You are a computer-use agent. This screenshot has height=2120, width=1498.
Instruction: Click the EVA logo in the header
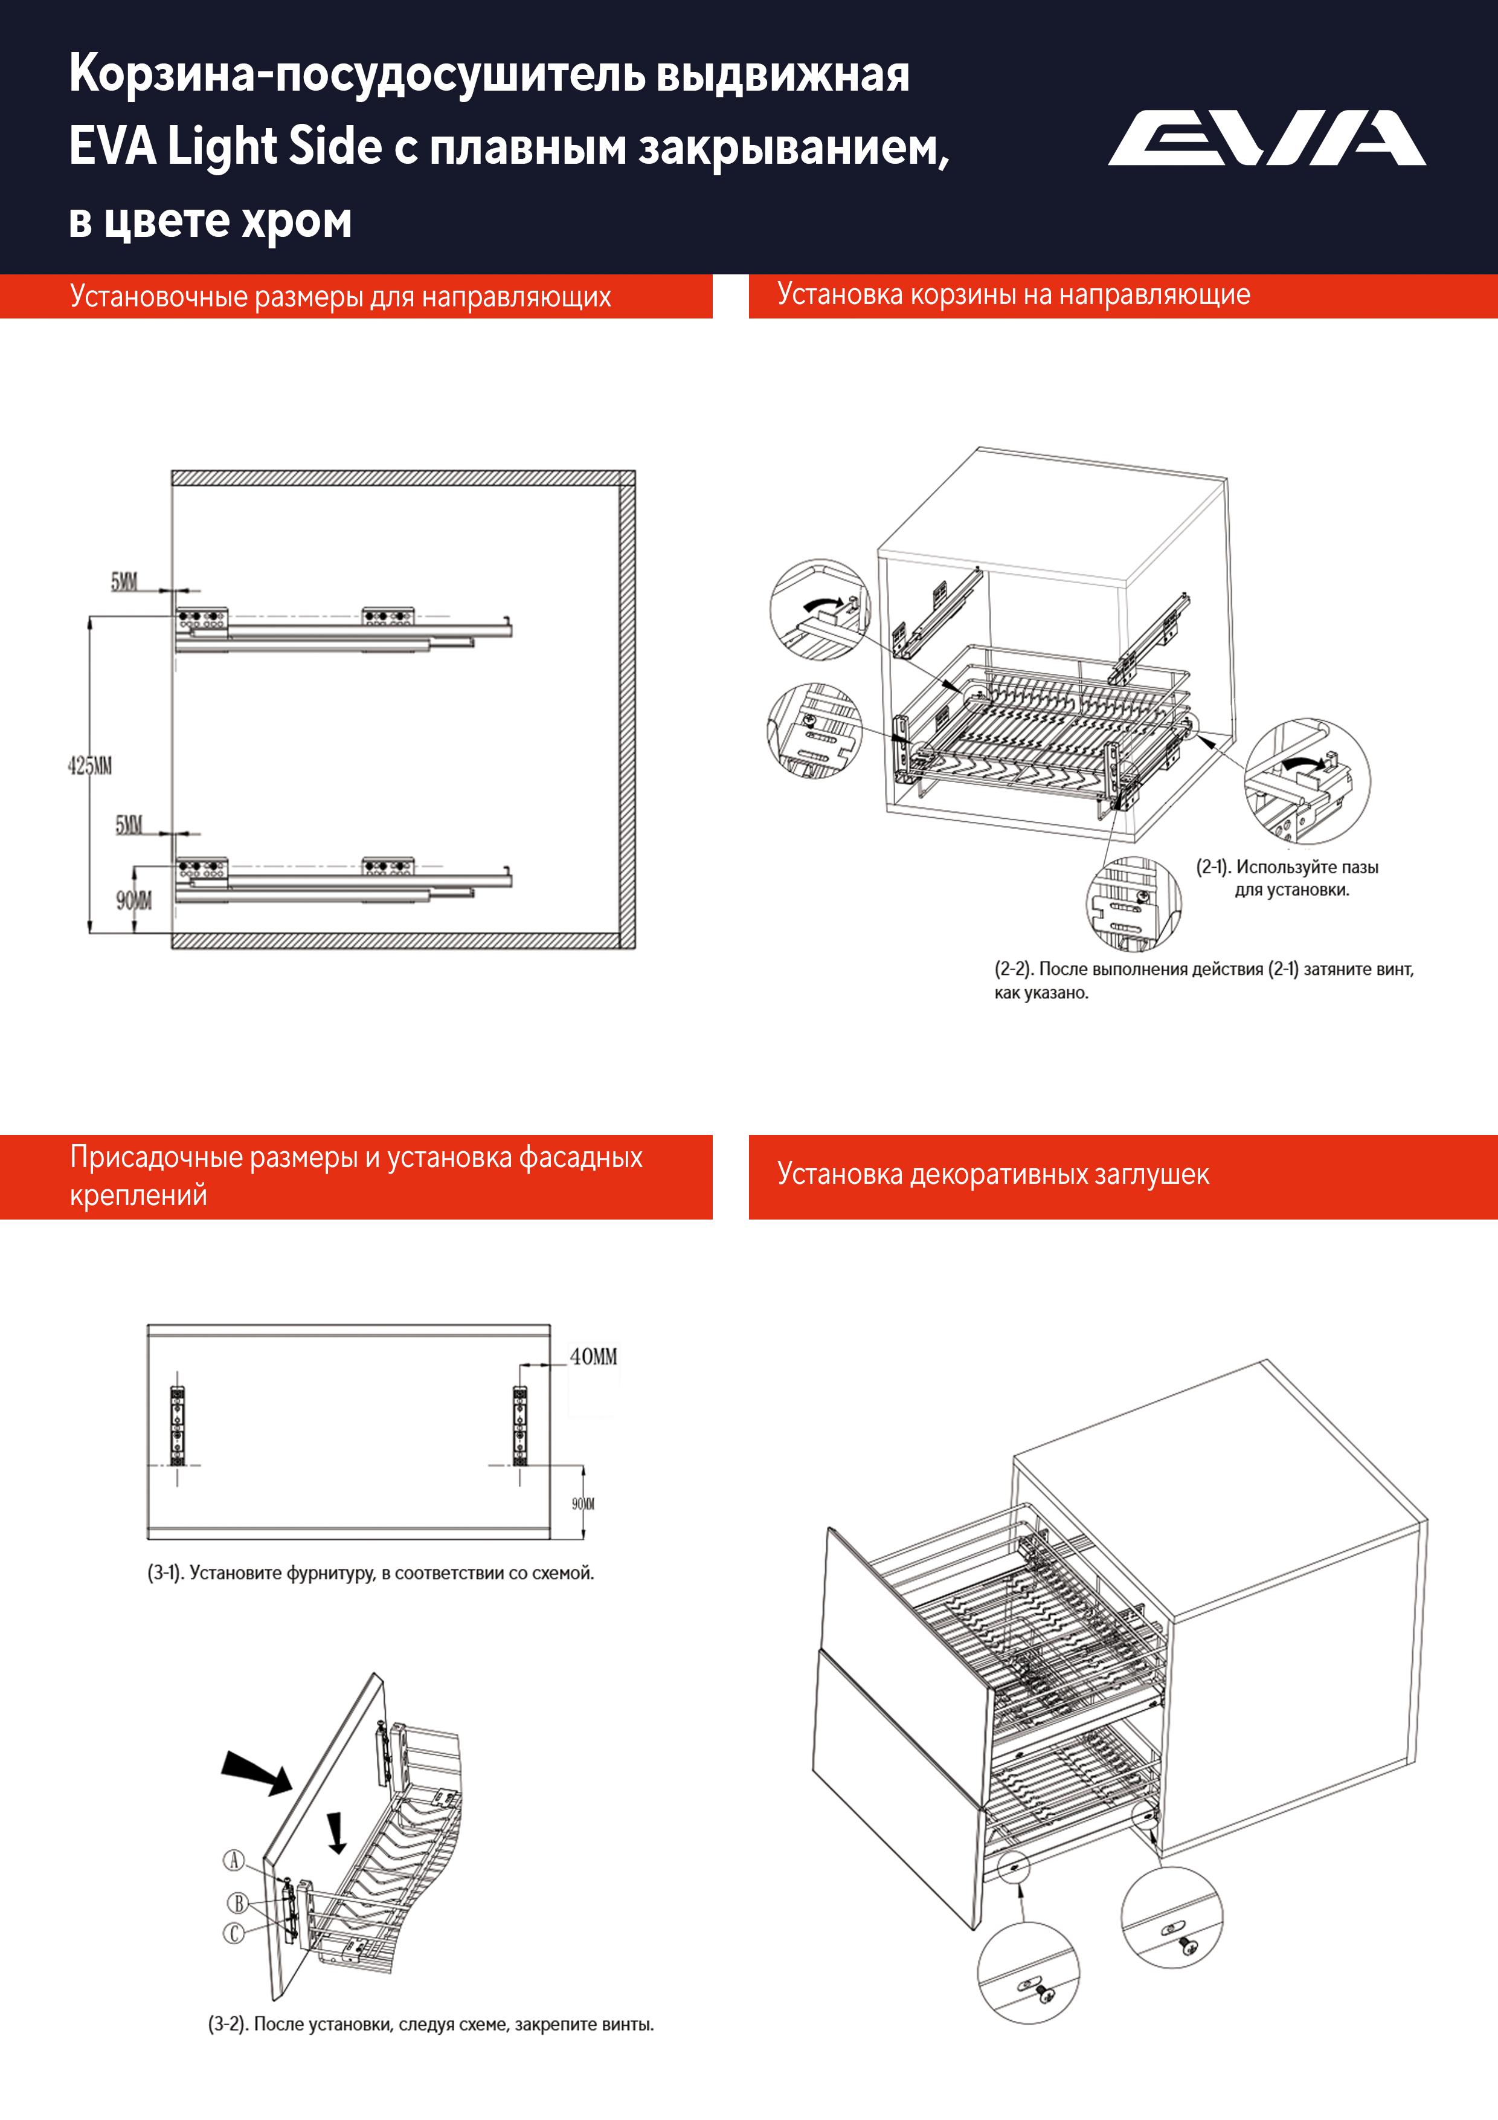[1266, 138]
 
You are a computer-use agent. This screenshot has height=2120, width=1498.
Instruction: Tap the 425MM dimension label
[89, 766]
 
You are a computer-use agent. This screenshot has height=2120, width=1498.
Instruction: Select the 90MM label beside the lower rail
[134, 900]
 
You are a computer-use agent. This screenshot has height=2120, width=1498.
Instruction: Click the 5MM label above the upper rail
[124, 582]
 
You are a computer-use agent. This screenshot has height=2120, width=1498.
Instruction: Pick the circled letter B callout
[238, 1903]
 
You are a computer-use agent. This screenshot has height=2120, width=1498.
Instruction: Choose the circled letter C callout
[234, 1933]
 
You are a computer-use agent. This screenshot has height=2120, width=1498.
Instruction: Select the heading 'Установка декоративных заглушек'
[992, 1174]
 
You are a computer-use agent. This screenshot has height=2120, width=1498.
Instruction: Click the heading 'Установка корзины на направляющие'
[1014, 294]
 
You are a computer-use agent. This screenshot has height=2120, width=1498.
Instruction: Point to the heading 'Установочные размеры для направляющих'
[339, 296]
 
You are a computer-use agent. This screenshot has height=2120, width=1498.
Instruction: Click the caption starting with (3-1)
[370, 1572]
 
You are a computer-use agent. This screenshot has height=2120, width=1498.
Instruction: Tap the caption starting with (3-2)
[430, 2024]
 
